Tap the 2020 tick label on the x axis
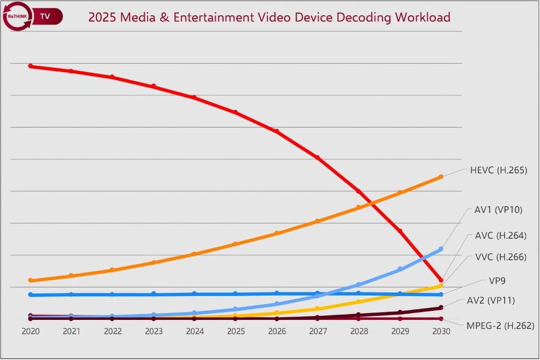tap(30, 332)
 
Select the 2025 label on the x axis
tap(236, 332)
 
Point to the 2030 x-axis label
tap(441, 332)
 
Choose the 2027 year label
tap(317, 332)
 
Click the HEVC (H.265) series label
tap(498, 170)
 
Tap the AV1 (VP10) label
tap(498, 210)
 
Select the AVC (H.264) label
tap(500, 236)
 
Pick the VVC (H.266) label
tap(500, 257)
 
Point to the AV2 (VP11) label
tap(491, 300)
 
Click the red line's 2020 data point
tap(30, 66)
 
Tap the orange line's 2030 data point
tap(441, 177)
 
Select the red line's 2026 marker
tap(277, 131)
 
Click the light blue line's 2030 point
tap(441, 249)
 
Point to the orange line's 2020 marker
tap(30, 280)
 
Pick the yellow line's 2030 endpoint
tap(441, 286)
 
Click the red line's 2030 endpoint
tap(441, 280)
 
